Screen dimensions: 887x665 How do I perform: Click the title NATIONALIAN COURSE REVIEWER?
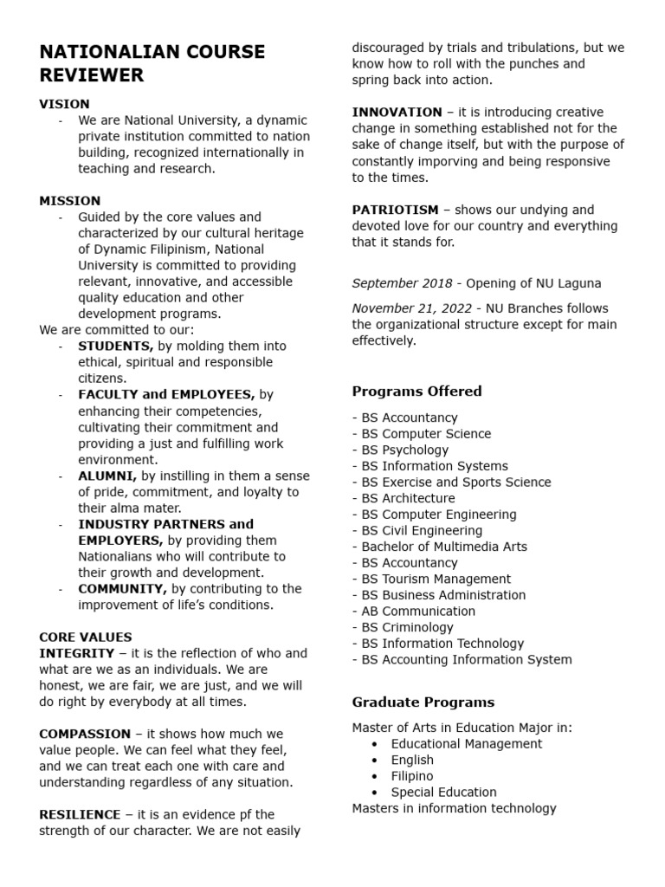tap(152, 63)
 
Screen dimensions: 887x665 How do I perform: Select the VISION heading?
tap(64, 104)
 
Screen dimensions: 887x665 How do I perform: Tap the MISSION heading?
tap(69, 201)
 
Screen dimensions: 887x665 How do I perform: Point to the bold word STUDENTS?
tap(116, 346)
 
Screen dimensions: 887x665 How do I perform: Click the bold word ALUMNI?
tap(107, 476)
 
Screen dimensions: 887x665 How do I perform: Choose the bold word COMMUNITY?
tap(123, 589)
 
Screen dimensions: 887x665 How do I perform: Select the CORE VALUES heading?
tap(86, 638)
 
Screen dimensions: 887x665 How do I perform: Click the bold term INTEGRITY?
tap(76, 653)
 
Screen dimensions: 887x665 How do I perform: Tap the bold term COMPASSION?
tap(85, 734)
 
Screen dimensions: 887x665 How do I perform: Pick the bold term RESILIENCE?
tap(80, 814)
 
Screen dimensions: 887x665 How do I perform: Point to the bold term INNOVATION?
tap(397, 113)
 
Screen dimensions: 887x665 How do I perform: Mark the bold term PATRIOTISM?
tap(396, 210)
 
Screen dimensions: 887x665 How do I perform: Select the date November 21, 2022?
tap(411, 308)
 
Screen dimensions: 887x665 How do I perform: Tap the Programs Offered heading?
tap(416, 392)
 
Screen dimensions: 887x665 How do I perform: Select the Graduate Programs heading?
tap(423, 702)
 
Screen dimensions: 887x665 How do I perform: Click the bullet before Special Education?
tap(374, 793)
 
